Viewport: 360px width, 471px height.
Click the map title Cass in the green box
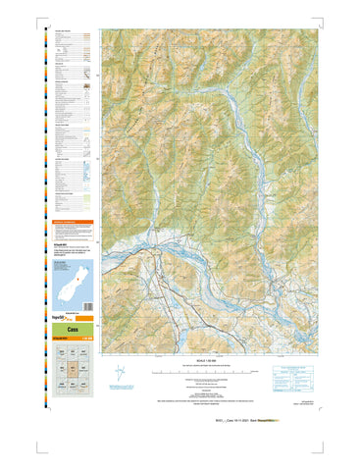tap(61, 331)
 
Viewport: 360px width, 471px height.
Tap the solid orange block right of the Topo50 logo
tap(86, 318)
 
